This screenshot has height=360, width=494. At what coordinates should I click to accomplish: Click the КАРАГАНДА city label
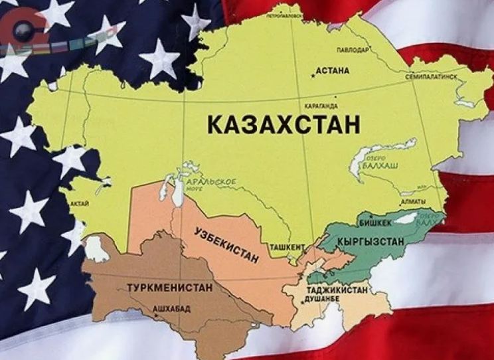320,105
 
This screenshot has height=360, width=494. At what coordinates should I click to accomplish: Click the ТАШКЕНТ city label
287,246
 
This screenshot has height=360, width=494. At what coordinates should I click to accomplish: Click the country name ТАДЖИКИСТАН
337,291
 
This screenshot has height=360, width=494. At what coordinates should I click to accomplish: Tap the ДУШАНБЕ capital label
321,300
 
